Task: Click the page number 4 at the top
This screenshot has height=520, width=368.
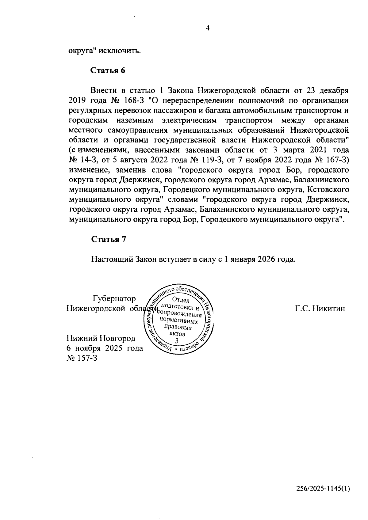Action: tap(208, 28)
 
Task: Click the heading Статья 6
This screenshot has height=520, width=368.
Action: tap(108, 70)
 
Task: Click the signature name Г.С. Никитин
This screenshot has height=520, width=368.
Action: tap(320, 308)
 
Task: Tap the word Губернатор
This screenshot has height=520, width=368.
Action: tap(114, 298)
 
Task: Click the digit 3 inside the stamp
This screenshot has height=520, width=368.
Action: tap(176, 341)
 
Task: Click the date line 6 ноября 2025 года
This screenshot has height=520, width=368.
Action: tap(105, 348)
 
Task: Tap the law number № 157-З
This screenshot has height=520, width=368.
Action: tap(82, 358)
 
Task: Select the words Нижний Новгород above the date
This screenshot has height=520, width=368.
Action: tap(101, 339)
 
